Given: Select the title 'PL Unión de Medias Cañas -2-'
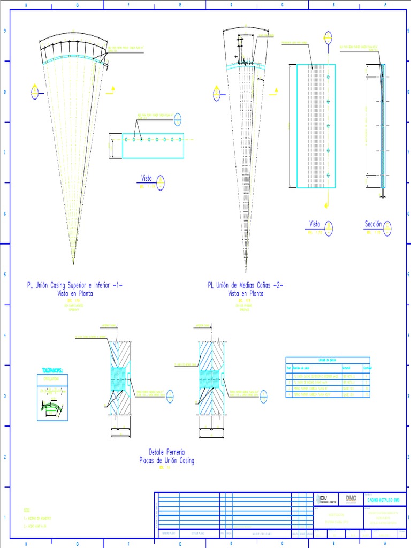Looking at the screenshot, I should coord(246,286).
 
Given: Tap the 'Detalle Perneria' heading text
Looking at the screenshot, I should coord(166,453).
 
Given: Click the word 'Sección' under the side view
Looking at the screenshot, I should coord(373,224).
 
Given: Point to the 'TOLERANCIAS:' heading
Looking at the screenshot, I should coord(52,370).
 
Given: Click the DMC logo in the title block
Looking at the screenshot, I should coord(351,498).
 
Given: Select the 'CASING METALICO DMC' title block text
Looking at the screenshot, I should coord(382,499).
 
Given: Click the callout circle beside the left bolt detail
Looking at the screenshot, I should coord(170,394).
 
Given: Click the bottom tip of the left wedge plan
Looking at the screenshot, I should coord(73,263).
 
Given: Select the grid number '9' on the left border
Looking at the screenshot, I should coord(5,31).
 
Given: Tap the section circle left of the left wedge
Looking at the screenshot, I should coord(35,93).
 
